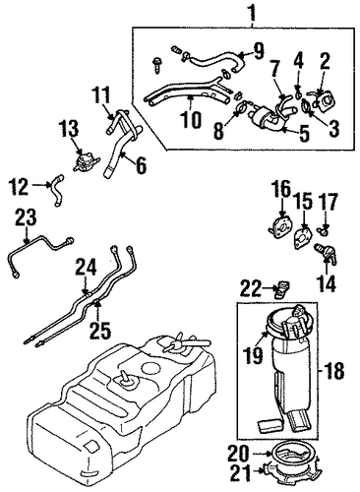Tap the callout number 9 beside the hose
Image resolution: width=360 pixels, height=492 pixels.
[x=258, y=51]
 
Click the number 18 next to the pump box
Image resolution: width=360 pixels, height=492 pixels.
[x=334, y=371]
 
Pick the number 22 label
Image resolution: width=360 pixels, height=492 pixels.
[x=252, y=289]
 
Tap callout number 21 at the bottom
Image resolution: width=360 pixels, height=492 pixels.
[x=241, y=473]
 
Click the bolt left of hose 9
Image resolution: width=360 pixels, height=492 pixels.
[x=157, y=65]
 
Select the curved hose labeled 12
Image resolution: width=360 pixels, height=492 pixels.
[x=57, y=191]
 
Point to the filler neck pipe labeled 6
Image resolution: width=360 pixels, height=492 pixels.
[x=122, y=150]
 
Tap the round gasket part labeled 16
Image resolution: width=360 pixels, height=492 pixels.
[x=280, y=225]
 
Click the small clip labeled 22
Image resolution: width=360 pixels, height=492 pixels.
[x=281, y=289]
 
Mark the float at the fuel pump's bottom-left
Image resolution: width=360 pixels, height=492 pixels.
[x=269, y=426]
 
